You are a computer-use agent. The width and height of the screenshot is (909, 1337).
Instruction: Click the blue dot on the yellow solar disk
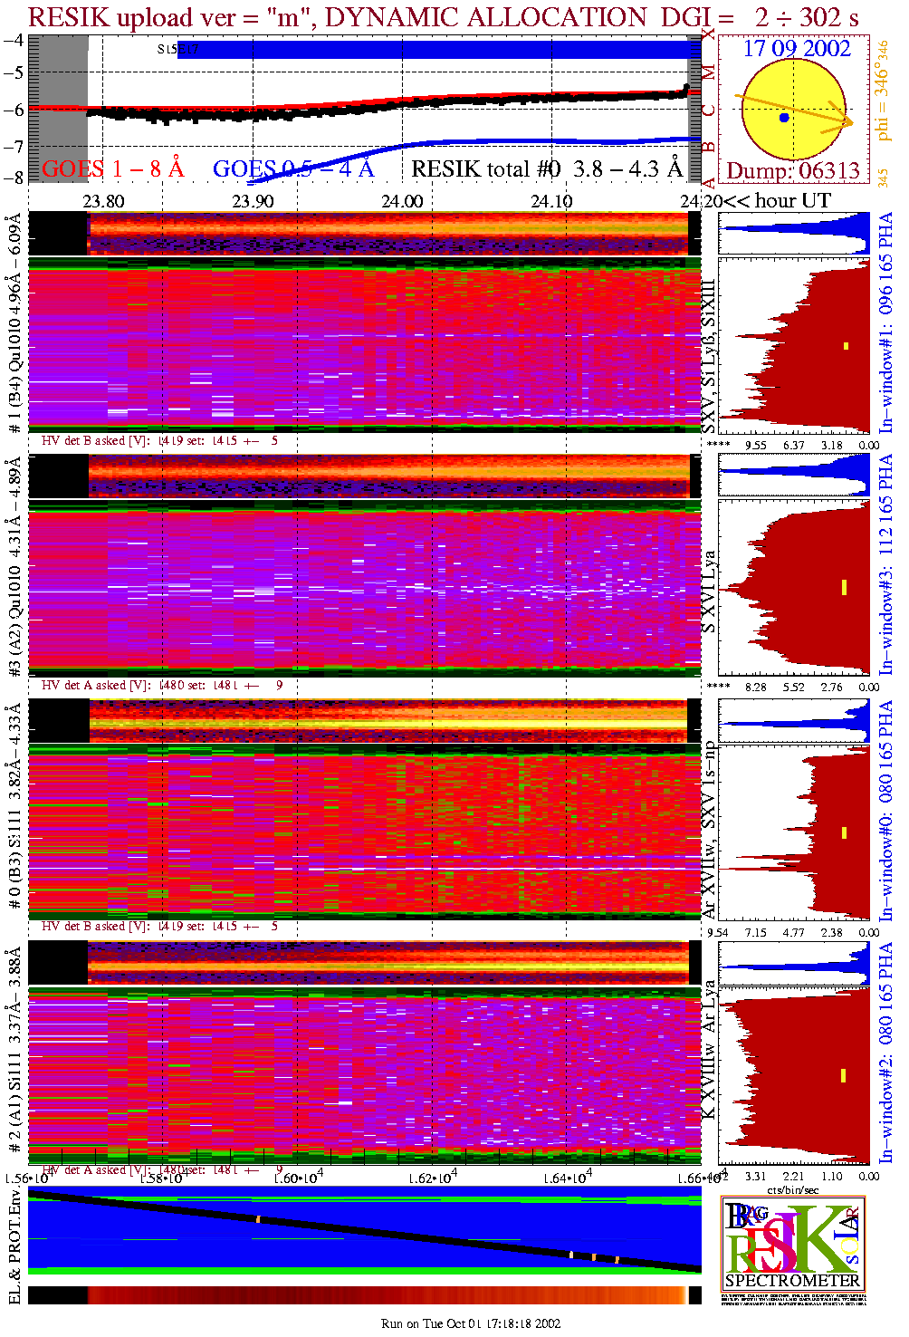(784, 118)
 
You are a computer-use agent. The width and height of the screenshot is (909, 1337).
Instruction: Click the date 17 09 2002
(797, 49)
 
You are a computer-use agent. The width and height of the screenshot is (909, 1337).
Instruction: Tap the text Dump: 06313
(793, 170)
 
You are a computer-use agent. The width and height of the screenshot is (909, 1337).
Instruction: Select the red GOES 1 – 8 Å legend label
(112, 168)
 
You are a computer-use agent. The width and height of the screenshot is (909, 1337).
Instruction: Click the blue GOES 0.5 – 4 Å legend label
(292, 168)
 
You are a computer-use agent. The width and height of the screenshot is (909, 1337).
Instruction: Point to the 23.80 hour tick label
(103, 201)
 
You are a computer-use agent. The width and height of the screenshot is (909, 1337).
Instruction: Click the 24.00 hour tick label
(402, 201)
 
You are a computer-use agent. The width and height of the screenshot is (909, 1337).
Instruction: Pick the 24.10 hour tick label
(551, 201)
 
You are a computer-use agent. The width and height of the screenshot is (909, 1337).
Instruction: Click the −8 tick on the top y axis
(14, 178)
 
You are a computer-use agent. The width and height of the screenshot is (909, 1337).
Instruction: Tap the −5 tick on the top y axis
(14, 72)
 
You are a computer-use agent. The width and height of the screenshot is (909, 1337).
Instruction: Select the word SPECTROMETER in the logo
(793, 1280)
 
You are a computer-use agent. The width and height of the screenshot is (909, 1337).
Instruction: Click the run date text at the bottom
(471, 1323)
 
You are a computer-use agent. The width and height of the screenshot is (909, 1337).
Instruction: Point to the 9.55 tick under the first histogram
(755, 445)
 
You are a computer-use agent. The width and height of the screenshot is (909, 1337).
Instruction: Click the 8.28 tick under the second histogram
(755, 687)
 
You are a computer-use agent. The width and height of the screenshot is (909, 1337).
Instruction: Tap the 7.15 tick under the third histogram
(755, 932)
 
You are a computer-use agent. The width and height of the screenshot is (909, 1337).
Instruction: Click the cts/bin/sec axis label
(793, 1189)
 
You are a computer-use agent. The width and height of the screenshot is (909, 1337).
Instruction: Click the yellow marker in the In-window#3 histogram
(844, 587)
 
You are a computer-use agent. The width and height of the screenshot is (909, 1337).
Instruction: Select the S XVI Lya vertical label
(709, 591)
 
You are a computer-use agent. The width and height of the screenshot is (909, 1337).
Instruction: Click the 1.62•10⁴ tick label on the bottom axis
(433, 1178)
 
